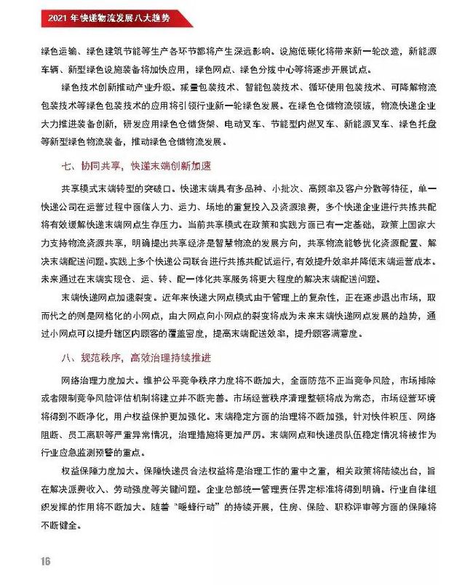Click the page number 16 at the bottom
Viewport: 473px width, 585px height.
pyautogui.click(x=45, y=561)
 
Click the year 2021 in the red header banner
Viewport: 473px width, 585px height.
pyautogui.click(x=58, y=15)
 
